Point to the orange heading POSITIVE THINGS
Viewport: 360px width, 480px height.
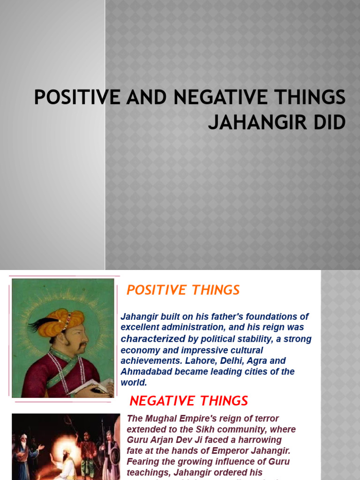pos(183,290)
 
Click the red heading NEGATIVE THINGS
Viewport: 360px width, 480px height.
pos(188,401)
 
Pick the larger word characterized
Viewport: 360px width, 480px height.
pos(153,338)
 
